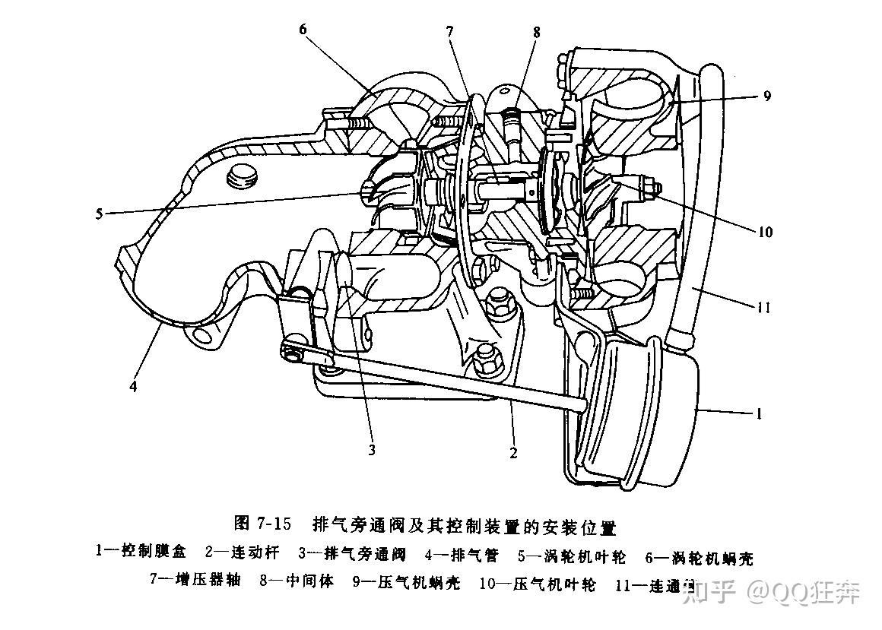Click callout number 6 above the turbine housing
pos(303,30)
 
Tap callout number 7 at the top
pos(450,31)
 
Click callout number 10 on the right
pos(766,232)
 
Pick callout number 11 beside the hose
pos(764,308)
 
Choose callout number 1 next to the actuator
pos(758,415)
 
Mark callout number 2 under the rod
pos(513,453)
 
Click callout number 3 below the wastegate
pos(372,450)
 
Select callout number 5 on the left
pos(100,214)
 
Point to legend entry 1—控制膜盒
pos(141,553)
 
